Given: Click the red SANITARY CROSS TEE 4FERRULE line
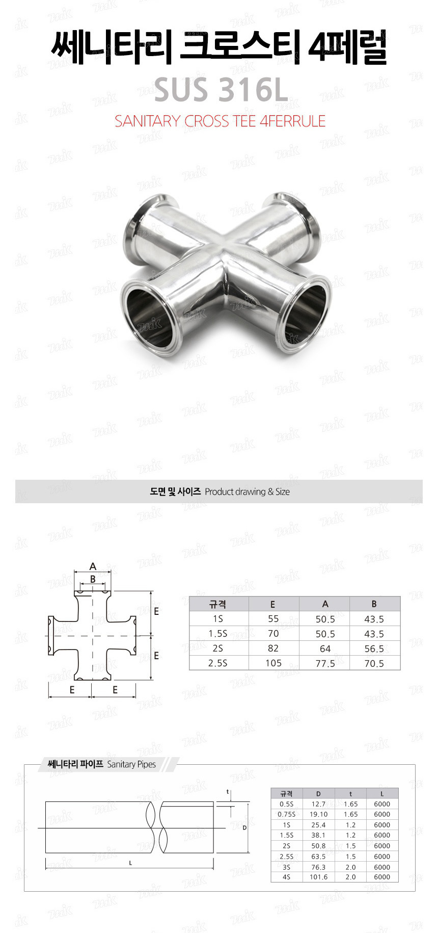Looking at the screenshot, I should click(x=220, y=121).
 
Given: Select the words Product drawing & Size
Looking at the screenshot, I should click(x=247, y=492).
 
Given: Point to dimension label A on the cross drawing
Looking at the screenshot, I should click(x=93, y=566).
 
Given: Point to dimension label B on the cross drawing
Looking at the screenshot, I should click(x=93, y=579).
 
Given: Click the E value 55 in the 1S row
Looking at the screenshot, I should click(x=273, y=619).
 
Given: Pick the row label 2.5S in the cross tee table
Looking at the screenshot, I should click(x=218, y=663).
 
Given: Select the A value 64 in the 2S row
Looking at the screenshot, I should click(x=325, y=649).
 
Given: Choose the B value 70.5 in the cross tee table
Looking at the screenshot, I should click(x=374, y=663).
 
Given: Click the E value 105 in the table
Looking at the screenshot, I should click(x=273, y=663).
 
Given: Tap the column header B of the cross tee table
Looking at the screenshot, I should click(x=374, y=604).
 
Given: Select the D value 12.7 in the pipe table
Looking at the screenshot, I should click(x=318, y=804).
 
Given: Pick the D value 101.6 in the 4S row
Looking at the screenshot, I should click(x=318, y=877).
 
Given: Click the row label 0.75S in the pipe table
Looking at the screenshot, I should click(x=287, y=814).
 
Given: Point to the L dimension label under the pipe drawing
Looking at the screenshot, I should click(x=130, y=863).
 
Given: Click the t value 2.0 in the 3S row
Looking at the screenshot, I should click(x=350, y=867).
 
